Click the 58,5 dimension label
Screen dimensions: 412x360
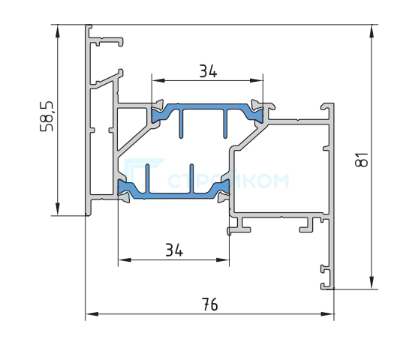(47, 116)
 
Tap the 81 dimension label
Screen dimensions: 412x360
(362, 160)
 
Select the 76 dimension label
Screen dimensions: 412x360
(209, 304)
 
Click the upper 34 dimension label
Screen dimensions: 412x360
(208, 71)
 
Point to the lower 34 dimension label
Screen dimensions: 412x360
(174, 250)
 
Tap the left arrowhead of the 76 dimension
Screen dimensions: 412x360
(92, 313)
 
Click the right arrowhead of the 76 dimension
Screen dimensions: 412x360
(328, 313)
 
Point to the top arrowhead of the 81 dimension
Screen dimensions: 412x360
(371, 31)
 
